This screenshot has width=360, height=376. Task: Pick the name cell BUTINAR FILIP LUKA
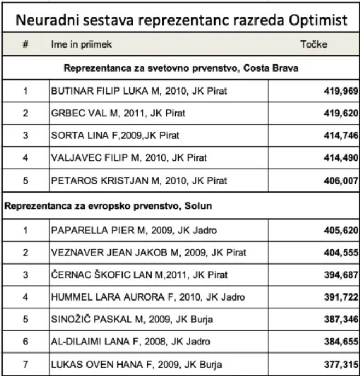tap(139, 92)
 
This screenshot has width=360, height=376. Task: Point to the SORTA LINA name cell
tap(115, 136)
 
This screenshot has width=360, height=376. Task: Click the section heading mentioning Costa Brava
tap(181, 69)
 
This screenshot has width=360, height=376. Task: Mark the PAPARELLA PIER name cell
tap(133, 230)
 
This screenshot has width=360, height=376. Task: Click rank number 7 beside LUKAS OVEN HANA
tap(25, 363)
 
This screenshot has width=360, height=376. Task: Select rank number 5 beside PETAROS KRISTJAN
tap(25, 180)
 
